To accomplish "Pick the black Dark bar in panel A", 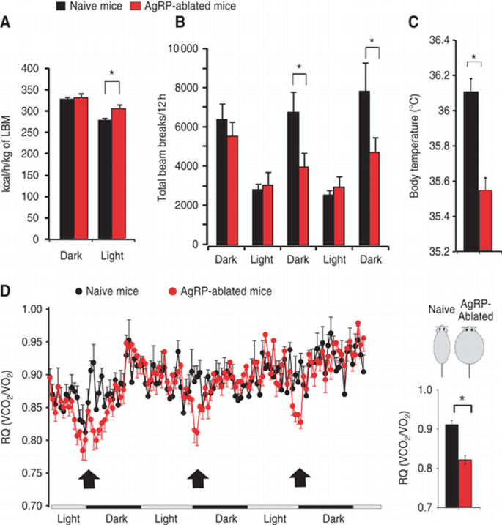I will pyautogui.click(x=67, y=168).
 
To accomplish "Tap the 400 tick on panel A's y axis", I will pyautogui.click(x=30, y=69).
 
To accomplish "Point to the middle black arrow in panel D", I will pyautogui.click(x=196, y=479).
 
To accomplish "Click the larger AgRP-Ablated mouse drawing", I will pyautogui.click(x=469, y=352).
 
